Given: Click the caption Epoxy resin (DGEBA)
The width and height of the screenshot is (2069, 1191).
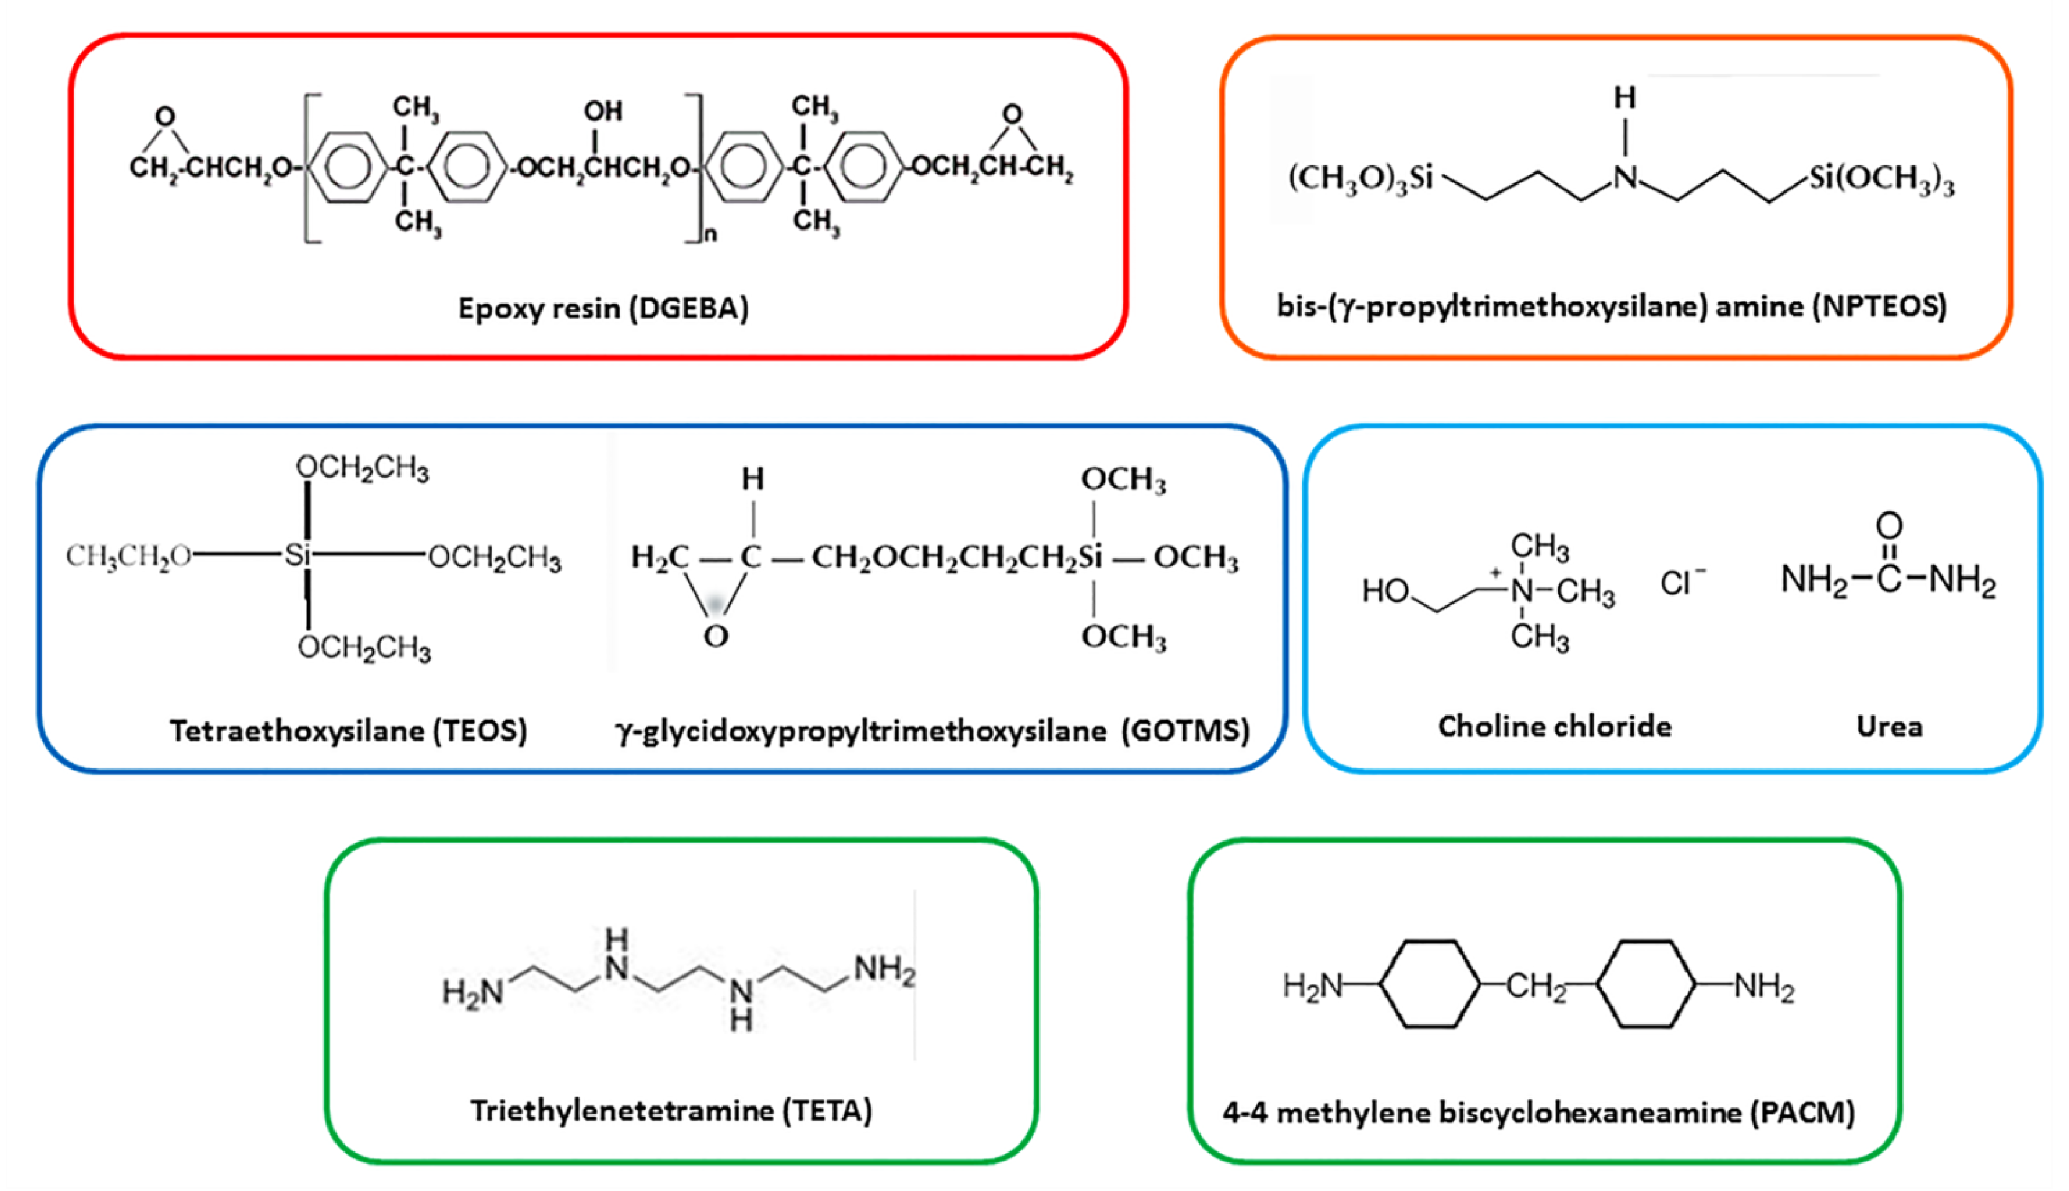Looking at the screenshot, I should click(x=603, y=309).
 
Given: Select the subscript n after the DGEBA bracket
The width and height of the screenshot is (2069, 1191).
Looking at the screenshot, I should click(x=710, y=235).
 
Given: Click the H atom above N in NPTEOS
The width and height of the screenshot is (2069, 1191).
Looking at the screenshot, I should click(x=1625, y=98).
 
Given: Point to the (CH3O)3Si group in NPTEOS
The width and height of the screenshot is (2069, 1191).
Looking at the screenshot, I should click(x=1361, y=177).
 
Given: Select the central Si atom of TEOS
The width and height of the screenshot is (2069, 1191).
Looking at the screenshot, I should click(x=298, y=556).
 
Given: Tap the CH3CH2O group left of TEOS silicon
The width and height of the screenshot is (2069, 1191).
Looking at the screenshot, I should click(x=128, y=556).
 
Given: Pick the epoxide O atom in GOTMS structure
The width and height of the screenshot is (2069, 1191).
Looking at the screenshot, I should click(x=716, y=636).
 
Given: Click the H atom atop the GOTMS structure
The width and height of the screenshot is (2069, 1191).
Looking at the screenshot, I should click(x=752, y=478).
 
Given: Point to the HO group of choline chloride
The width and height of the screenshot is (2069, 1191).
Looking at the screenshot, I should click(x=1384, y=591).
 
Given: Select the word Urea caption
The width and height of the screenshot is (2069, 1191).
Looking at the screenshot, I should click(x=1889, y=726).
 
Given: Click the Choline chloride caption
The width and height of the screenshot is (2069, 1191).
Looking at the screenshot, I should click(x=1555, y=726).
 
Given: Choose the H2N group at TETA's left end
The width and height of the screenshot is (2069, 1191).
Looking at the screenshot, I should click(x=472, y=992).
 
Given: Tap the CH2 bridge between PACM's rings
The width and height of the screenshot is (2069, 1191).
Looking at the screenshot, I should click(x=1537, y=987).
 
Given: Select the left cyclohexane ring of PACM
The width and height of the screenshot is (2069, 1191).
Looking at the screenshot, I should click(x=1430, y=984).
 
